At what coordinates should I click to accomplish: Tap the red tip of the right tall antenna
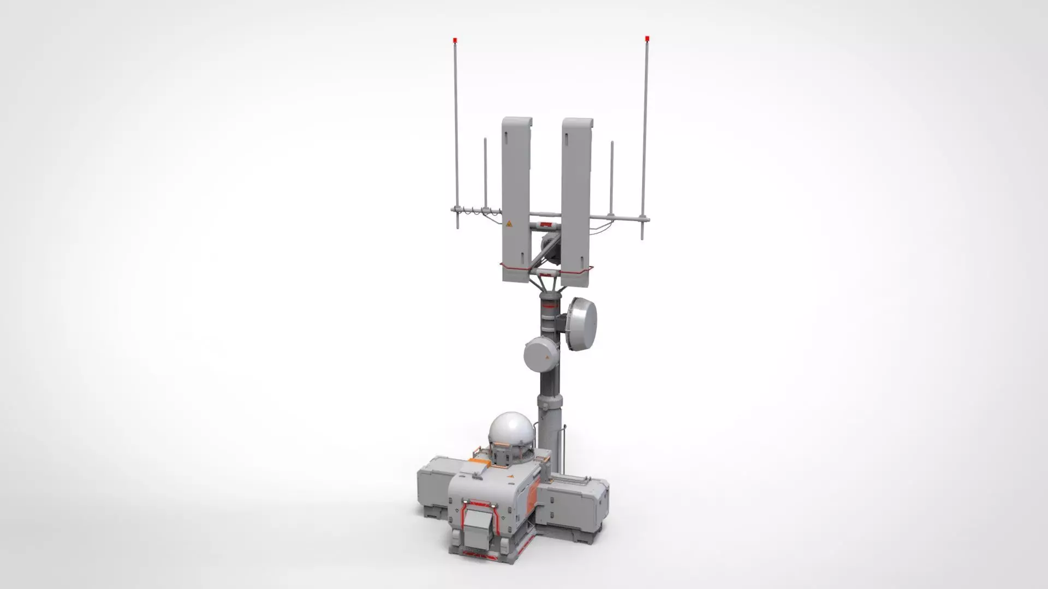point(647,38)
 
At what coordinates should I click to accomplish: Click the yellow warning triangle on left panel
point(509,224)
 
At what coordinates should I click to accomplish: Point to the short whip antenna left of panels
point(485,175)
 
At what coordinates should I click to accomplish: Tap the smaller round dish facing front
point(539,353)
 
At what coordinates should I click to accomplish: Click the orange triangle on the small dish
point(547,358)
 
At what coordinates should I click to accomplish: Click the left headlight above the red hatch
point(466,502)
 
